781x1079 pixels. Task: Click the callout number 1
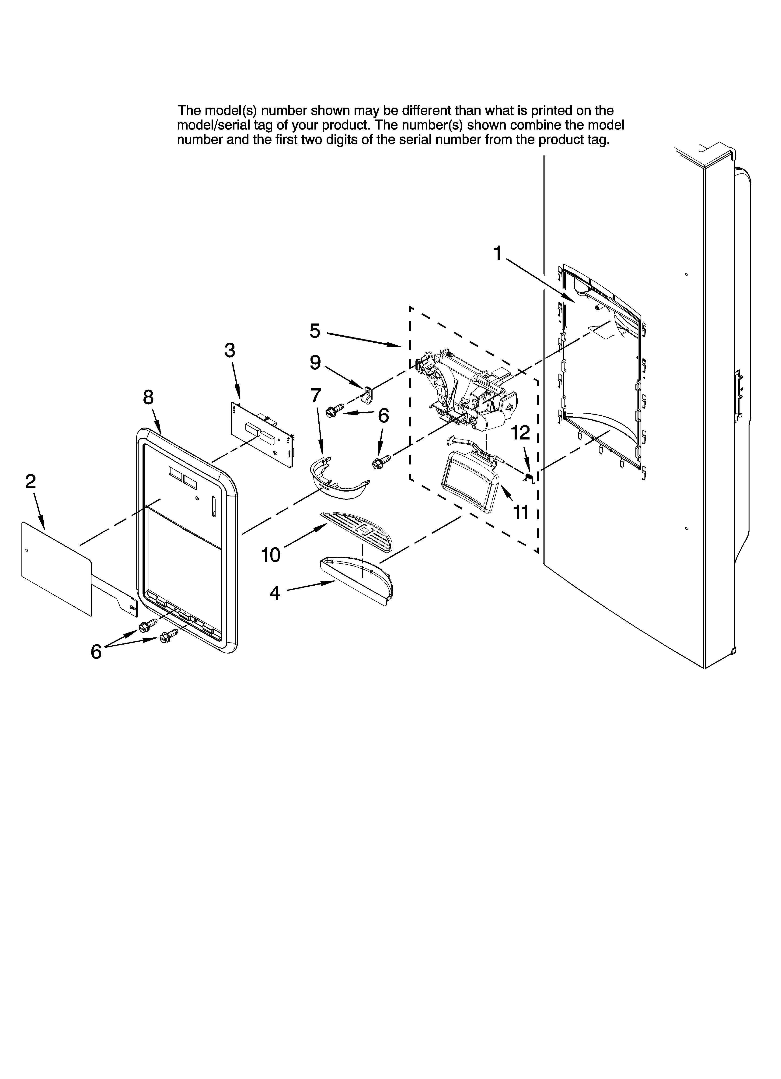(x=497, y=253)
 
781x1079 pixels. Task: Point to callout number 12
(x=520, y=433)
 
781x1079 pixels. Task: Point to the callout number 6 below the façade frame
(x=96, y=652)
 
